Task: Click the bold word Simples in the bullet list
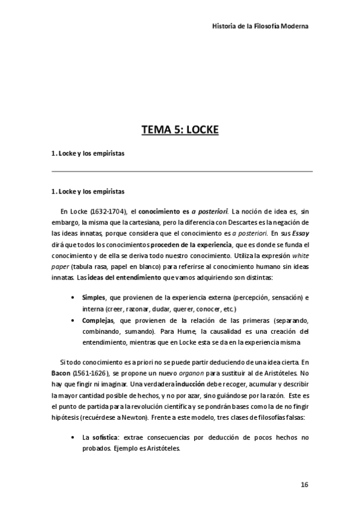(x=93, y=298)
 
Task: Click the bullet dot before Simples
(x=73, y=298)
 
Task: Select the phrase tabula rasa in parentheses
(x=86, y=266)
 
